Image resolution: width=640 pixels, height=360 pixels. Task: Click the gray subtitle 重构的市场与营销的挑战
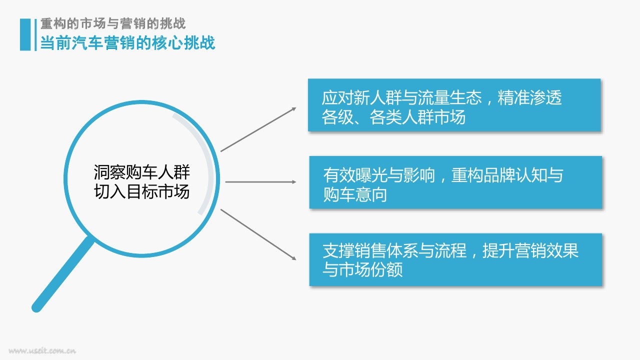(113, 23)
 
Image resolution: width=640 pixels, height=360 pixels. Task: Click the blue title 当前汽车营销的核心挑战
(127, 43)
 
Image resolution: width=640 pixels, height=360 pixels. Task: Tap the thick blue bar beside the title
(25, 34)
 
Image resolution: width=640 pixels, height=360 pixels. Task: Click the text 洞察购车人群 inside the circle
(141, 172)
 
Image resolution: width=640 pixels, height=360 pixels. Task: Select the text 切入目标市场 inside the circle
(141, 191)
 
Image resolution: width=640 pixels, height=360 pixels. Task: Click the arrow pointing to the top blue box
(258, 129)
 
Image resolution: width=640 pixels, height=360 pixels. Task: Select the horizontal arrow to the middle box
(260, 181)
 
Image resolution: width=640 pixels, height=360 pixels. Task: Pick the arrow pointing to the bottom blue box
(258, 234)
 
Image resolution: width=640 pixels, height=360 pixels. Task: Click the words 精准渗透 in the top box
(529, 97)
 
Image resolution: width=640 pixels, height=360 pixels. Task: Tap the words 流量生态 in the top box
(449, 97)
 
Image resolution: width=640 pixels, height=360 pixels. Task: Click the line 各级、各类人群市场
(393, 117)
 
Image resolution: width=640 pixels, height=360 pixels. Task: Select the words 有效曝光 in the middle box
(355, 175)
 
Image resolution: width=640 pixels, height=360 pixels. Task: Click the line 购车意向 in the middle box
(355, 194)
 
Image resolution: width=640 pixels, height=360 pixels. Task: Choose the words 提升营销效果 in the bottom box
(530, 250)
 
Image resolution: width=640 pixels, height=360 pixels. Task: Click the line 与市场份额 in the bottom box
(362, 269)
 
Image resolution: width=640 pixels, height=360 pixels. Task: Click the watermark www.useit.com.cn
(42, 350)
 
